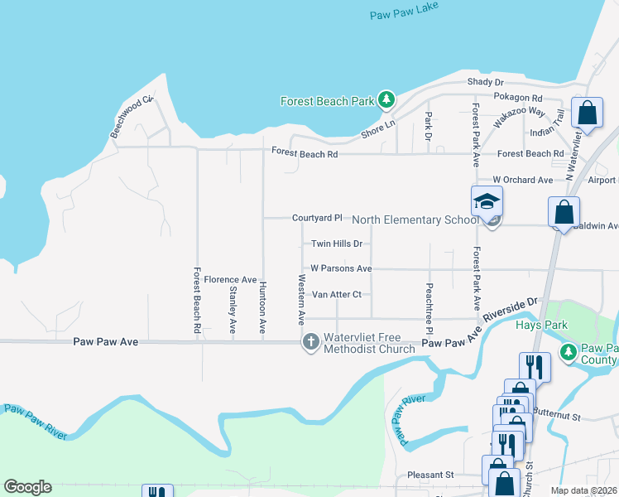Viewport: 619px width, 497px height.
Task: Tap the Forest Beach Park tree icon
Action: (386, 101)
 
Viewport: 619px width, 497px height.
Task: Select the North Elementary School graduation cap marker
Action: (487, 201)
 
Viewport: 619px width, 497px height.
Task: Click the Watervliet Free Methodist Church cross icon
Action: (311, 341)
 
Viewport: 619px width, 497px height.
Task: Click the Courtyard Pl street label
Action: (317, 218)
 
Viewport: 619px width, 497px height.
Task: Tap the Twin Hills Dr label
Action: (337, 244)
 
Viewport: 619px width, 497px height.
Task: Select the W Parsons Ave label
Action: (341, 268)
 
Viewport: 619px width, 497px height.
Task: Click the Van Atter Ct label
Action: (337, 294)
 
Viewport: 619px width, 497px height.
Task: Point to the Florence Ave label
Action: (230, 280)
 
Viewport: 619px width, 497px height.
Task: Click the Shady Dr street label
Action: (485, 82)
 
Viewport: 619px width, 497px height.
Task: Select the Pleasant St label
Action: (431, 475)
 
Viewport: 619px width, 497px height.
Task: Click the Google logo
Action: (27, 487)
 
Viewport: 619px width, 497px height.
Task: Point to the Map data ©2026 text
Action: (584, 490)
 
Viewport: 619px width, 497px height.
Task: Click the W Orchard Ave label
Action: (522, 180)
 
